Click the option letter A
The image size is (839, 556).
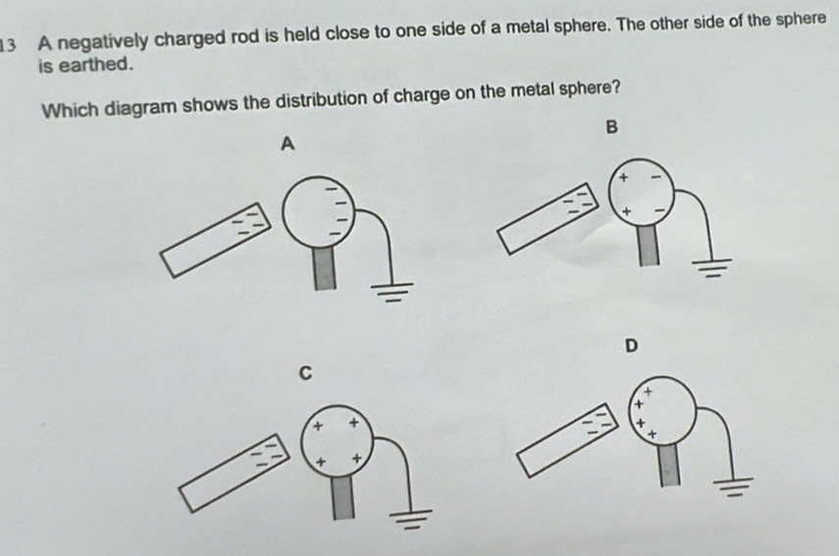coord(288,143)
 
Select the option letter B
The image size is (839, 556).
coord(611,127)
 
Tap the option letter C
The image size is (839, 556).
coord(305,372)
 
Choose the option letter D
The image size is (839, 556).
coord(631,346)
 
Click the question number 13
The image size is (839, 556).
coord(8,45)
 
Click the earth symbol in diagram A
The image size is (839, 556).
coord(393,292)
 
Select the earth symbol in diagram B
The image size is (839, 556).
coord(711,267)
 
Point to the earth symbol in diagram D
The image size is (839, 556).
coord(734,486)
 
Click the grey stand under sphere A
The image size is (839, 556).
coord(325,268)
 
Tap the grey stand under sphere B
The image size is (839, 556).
coord(649,245)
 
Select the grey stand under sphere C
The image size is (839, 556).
coord(343,498)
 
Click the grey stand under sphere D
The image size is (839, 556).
coord(669,466)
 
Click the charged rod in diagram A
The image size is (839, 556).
coord(216,240)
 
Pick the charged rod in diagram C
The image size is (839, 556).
coord(235,473)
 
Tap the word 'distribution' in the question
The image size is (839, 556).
coord(327,101)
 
